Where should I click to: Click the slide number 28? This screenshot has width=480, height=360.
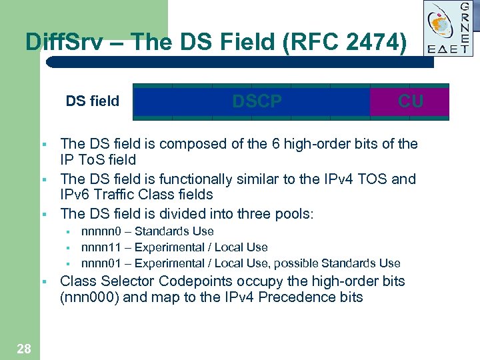pos(23,348)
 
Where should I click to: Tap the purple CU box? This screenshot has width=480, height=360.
pos(410,101)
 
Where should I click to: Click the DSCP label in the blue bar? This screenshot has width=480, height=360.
pos(257,101)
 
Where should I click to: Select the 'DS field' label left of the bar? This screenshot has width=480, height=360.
pos(92,101)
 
